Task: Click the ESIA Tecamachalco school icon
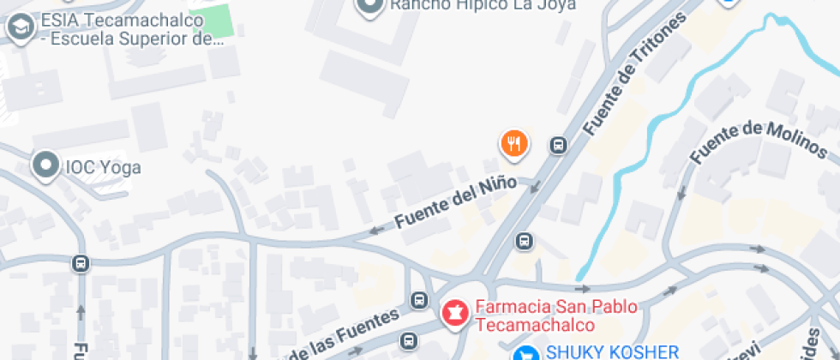click(x=17, y=27)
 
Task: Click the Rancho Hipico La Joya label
click(x=482, y=5)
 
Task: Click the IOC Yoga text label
click(x=103, y=168)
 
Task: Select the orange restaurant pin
click(x=513, y=144)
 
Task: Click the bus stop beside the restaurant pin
click(x=558, y=146)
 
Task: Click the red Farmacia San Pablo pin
click(x=454, y=313)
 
